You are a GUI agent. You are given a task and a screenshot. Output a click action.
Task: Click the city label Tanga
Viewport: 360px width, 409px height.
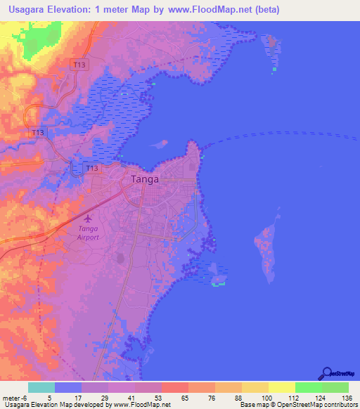145,179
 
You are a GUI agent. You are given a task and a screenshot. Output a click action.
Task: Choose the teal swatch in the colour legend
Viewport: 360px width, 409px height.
41,387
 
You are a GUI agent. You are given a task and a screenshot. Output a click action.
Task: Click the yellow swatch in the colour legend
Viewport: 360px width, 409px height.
281,387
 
